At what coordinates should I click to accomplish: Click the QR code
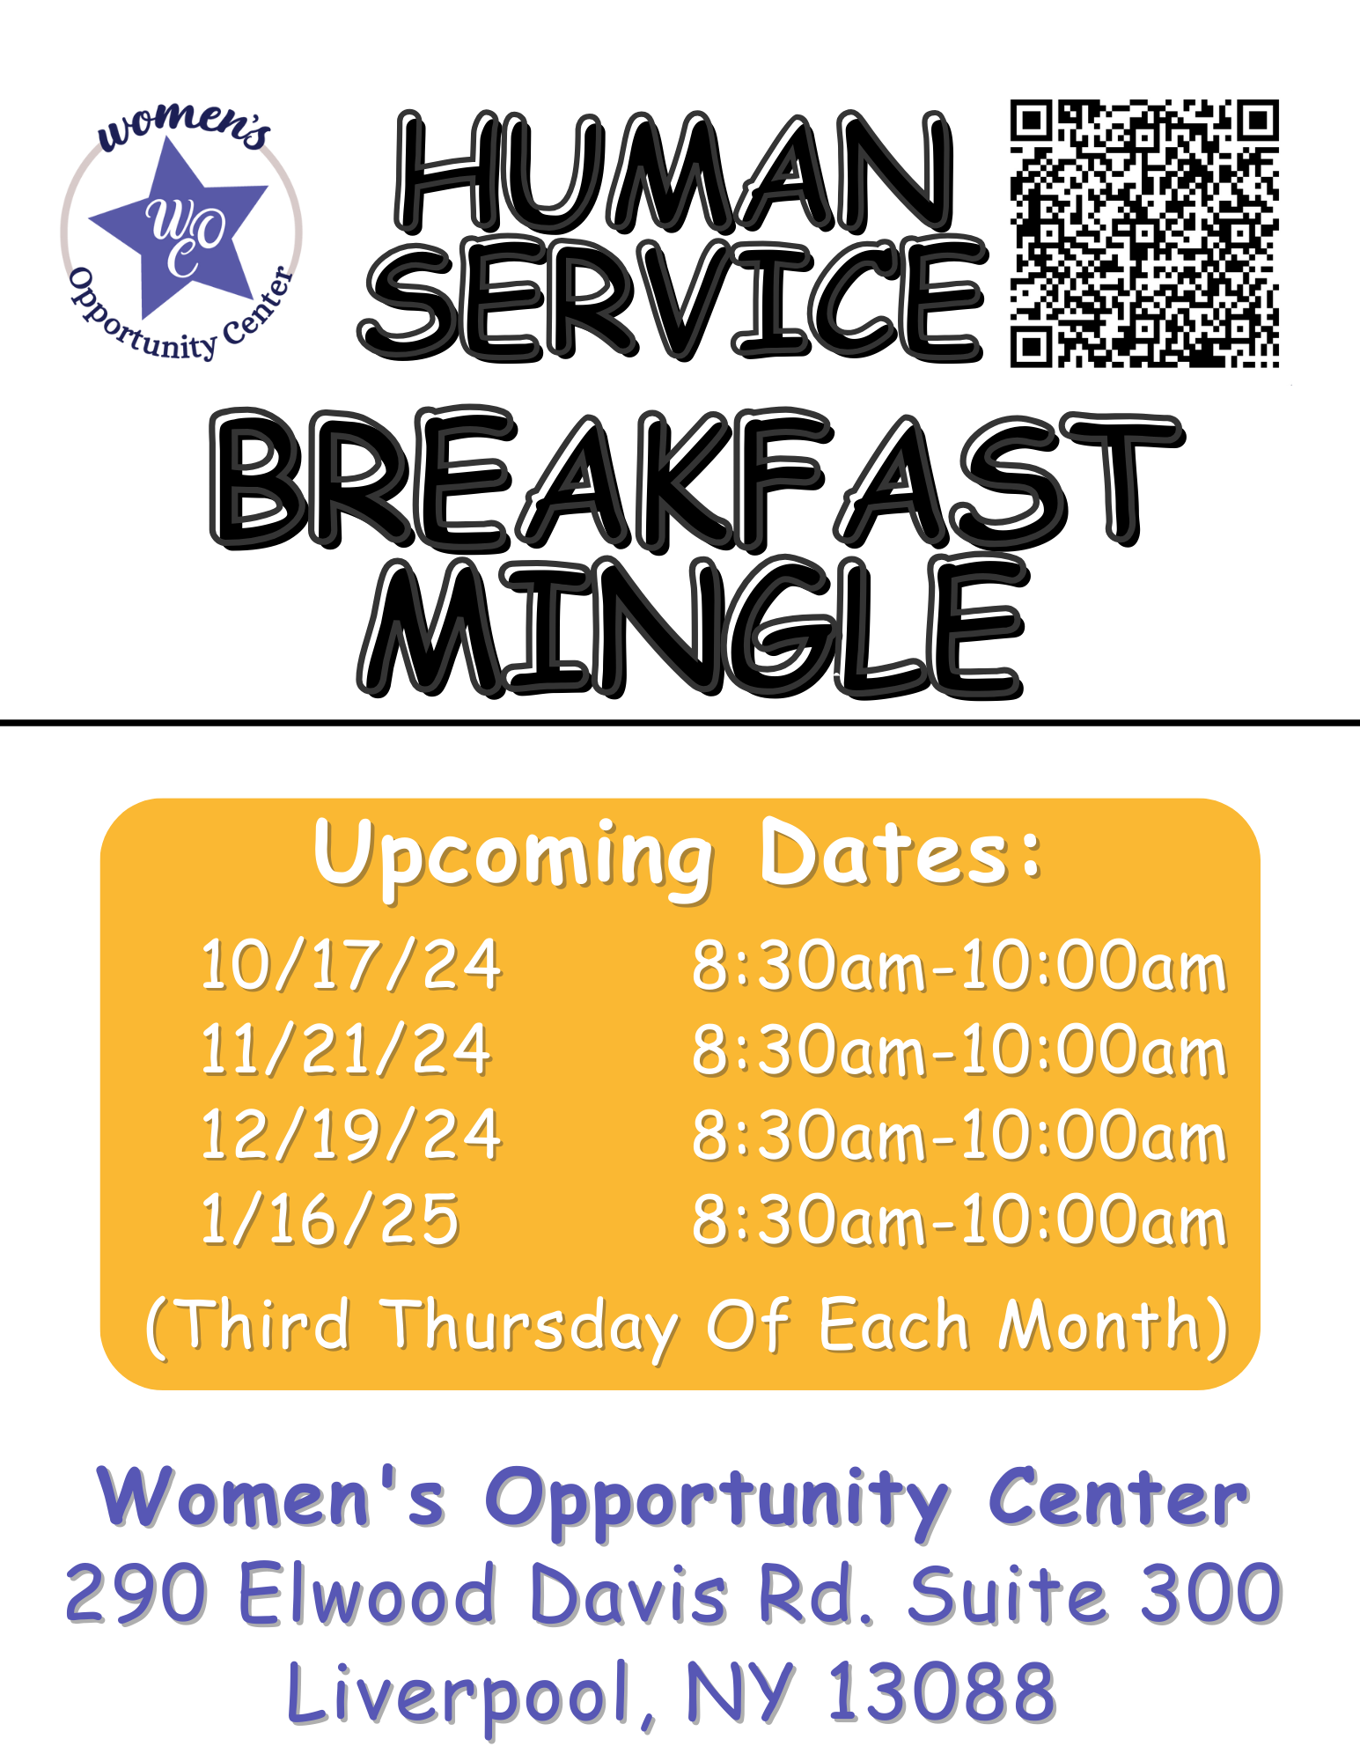(1143, 233)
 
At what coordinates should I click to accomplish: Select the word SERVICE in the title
(673, 299)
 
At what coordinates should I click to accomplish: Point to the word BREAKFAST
(695, 480)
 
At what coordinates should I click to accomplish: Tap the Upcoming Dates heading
(678, 854)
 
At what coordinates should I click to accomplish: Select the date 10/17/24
(350, 965)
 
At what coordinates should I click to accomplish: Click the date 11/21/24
(345, 1050)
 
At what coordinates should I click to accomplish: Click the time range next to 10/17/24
(959, 967)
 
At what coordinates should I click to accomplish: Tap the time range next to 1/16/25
(959, 1221)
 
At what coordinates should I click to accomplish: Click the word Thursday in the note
(532, 1326)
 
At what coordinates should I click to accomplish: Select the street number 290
(136, 1594)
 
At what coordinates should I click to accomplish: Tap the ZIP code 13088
(942, 1691)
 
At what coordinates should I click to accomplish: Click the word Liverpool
(458, 1693)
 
